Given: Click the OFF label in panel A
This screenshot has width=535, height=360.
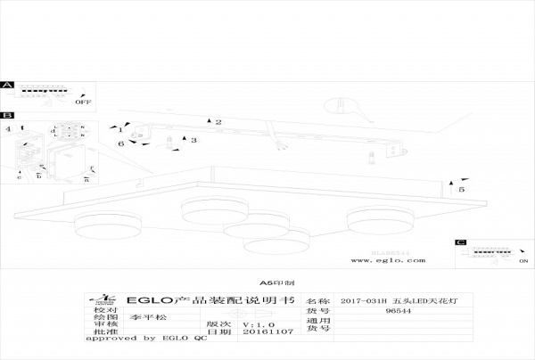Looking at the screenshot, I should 84,102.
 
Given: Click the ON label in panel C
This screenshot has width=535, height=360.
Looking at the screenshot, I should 522,262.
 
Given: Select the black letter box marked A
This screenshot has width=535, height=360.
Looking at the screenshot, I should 7,86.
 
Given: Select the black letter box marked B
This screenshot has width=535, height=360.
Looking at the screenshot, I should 7,116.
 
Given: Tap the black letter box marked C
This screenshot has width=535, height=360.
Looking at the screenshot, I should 460,242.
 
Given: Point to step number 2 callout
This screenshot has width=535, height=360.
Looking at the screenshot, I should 218,121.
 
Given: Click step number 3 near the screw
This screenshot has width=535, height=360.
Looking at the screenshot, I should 193,140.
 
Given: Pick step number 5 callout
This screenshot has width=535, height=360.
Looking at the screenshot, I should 461,190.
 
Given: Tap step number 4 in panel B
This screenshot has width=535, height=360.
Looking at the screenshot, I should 8,130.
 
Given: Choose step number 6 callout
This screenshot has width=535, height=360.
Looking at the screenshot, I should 121,143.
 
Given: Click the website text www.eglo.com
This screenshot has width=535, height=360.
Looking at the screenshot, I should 385,261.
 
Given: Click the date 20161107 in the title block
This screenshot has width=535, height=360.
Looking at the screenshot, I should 261,331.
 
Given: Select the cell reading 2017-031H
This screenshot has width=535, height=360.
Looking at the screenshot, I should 363,301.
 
